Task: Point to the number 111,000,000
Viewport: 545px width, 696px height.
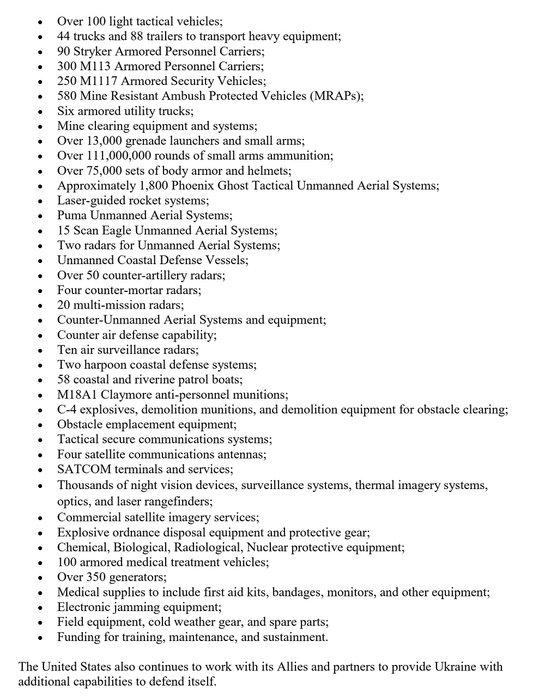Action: [118, 156]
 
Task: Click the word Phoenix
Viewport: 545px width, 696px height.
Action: [192, 186]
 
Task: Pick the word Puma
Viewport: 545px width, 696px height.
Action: [72, 216]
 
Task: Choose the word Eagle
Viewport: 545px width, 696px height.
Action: [117, 230]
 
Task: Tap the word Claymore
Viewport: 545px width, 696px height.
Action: [126, 395]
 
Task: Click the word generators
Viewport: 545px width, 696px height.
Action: [138, 577]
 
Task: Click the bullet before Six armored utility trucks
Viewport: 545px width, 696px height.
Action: [40, 112]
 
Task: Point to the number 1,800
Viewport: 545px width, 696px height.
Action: [154, 186]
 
